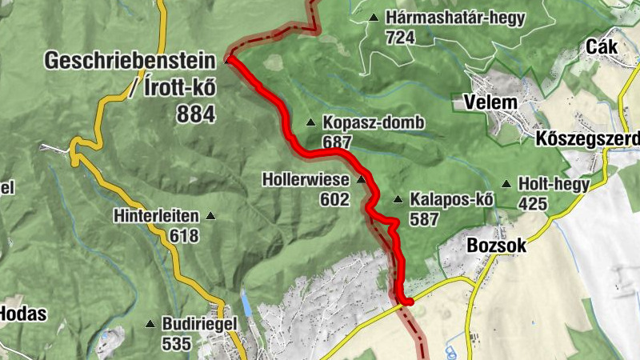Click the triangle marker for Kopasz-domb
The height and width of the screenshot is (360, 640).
coord(310,122)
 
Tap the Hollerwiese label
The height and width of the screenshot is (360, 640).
coord(306,180)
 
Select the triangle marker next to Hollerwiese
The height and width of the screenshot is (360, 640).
coord(361,179)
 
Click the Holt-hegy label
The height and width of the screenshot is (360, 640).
coord(554,184)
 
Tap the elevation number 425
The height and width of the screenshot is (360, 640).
coord(533,204)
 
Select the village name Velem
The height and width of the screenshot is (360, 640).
coord(490,102)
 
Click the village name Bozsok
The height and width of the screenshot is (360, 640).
coord(496,246)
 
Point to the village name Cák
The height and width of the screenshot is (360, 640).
coord(601,46)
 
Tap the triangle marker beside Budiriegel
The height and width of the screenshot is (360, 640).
coord(150,324)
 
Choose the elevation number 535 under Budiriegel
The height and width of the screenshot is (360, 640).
coord(176,344)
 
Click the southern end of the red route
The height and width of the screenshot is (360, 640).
coord(407,302)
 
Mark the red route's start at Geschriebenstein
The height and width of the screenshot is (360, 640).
coord(229,58)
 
